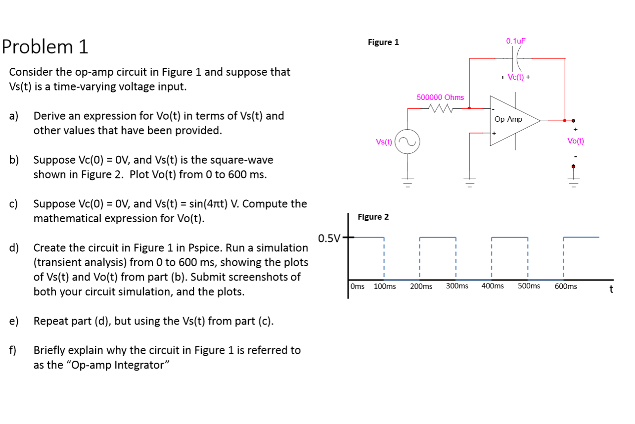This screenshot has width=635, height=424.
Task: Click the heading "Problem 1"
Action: pos(45,47)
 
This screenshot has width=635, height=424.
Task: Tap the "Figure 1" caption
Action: pos(383,42)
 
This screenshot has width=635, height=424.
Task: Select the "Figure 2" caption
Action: pos(373,217)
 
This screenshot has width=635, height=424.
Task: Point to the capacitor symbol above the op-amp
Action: pos(518,58)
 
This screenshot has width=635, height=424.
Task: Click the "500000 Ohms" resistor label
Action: pos(440,97)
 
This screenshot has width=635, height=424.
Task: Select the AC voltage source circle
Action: pos(408,142)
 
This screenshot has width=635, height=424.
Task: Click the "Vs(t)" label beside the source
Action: pos(384,142)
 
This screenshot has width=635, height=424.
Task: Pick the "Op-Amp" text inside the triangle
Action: pos(508,119)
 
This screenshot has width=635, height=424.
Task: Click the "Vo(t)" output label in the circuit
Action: pos(576,141)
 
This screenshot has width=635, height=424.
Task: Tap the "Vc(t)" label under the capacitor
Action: pos(515,77)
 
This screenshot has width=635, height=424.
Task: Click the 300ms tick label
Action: pos(457,286)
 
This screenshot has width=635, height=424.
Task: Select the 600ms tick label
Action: pos(565,286)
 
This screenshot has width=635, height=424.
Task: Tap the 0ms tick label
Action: pos(358,286)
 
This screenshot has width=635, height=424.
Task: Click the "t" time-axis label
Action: pos(611,289)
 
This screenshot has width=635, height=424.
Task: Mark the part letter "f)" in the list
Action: pos(13,351)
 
